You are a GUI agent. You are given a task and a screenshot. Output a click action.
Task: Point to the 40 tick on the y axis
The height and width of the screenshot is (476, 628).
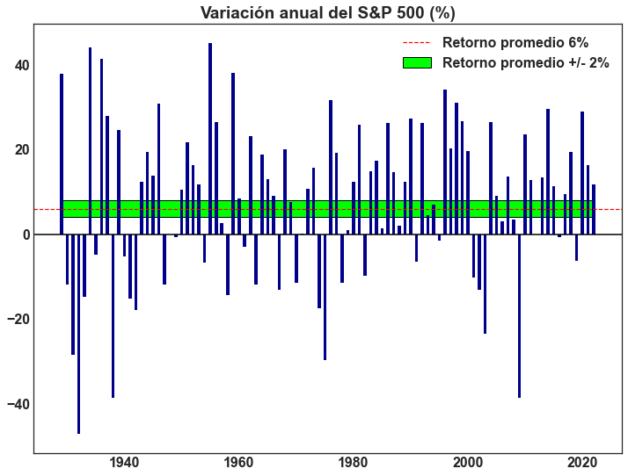[x=19, y=65]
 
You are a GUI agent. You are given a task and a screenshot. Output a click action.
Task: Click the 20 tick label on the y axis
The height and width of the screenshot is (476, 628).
[x=19, y=149]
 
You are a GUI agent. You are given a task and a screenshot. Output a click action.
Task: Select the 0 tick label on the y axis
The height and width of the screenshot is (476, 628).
[x=25, y=234]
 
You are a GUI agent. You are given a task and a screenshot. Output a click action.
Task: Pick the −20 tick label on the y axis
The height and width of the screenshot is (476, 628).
[x=17, y=319]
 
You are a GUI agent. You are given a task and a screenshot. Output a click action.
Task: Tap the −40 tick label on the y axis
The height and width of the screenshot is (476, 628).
[x=17, y=404]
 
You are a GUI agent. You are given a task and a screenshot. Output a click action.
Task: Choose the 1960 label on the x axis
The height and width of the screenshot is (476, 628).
[x=238, y=463]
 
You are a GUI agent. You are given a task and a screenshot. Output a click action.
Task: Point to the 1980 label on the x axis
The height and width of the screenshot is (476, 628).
[x=353, y=463]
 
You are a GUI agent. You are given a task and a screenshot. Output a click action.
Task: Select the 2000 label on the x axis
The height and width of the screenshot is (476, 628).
[x=467, y=463]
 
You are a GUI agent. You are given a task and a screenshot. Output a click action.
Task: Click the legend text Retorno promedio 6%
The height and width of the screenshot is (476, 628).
[x=515, y=42]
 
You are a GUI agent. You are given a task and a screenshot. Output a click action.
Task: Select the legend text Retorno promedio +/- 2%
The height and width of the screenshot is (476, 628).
[x=526, y=62]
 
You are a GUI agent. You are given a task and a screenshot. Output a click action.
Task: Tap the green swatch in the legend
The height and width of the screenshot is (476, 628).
[x=417, y=62]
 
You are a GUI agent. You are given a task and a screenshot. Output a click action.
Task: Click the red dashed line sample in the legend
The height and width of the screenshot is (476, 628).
[x=417, y=42]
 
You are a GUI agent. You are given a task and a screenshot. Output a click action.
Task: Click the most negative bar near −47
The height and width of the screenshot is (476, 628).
[x=78, y=334]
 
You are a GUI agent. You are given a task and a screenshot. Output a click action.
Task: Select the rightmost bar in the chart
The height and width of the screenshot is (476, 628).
[x=594, y=209]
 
